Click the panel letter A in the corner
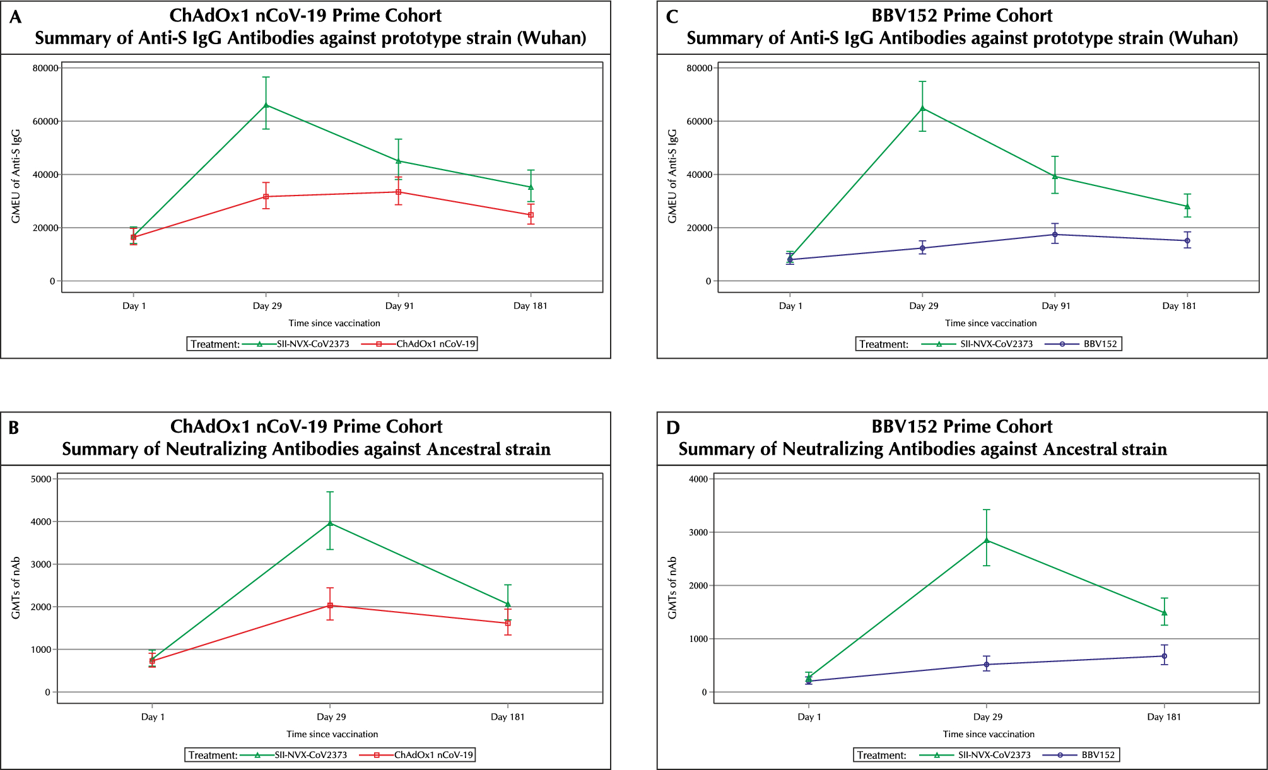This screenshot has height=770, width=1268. point(15,17)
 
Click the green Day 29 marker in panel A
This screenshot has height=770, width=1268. point(266,105)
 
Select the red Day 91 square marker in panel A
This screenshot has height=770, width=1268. point(399,192)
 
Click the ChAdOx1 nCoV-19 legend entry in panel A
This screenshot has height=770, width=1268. point(435,344)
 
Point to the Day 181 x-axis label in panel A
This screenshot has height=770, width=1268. point(530,306)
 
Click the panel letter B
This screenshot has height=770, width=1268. point(13,428)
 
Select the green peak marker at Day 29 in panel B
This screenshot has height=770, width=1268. point(330,523)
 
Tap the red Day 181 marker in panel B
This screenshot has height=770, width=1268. point(508,623)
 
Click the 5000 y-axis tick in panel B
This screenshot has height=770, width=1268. point(41,479)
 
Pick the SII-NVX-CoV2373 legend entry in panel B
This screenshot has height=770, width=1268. point(310,755)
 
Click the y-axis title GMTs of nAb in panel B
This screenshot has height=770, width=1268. point(16,587)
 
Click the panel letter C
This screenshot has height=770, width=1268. point(672,17)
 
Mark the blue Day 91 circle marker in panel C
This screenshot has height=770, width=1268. point(1055,235)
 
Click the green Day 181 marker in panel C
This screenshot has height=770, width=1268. point(1187,206)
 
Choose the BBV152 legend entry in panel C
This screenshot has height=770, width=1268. point(1100,344)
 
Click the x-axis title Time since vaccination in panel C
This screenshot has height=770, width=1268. point(990,323)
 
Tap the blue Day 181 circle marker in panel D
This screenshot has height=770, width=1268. point(1165,656)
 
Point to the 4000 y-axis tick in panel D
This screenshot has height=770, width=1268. point(698,479)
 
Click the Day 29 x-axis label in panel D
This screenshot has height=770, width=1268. point(987,717)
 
